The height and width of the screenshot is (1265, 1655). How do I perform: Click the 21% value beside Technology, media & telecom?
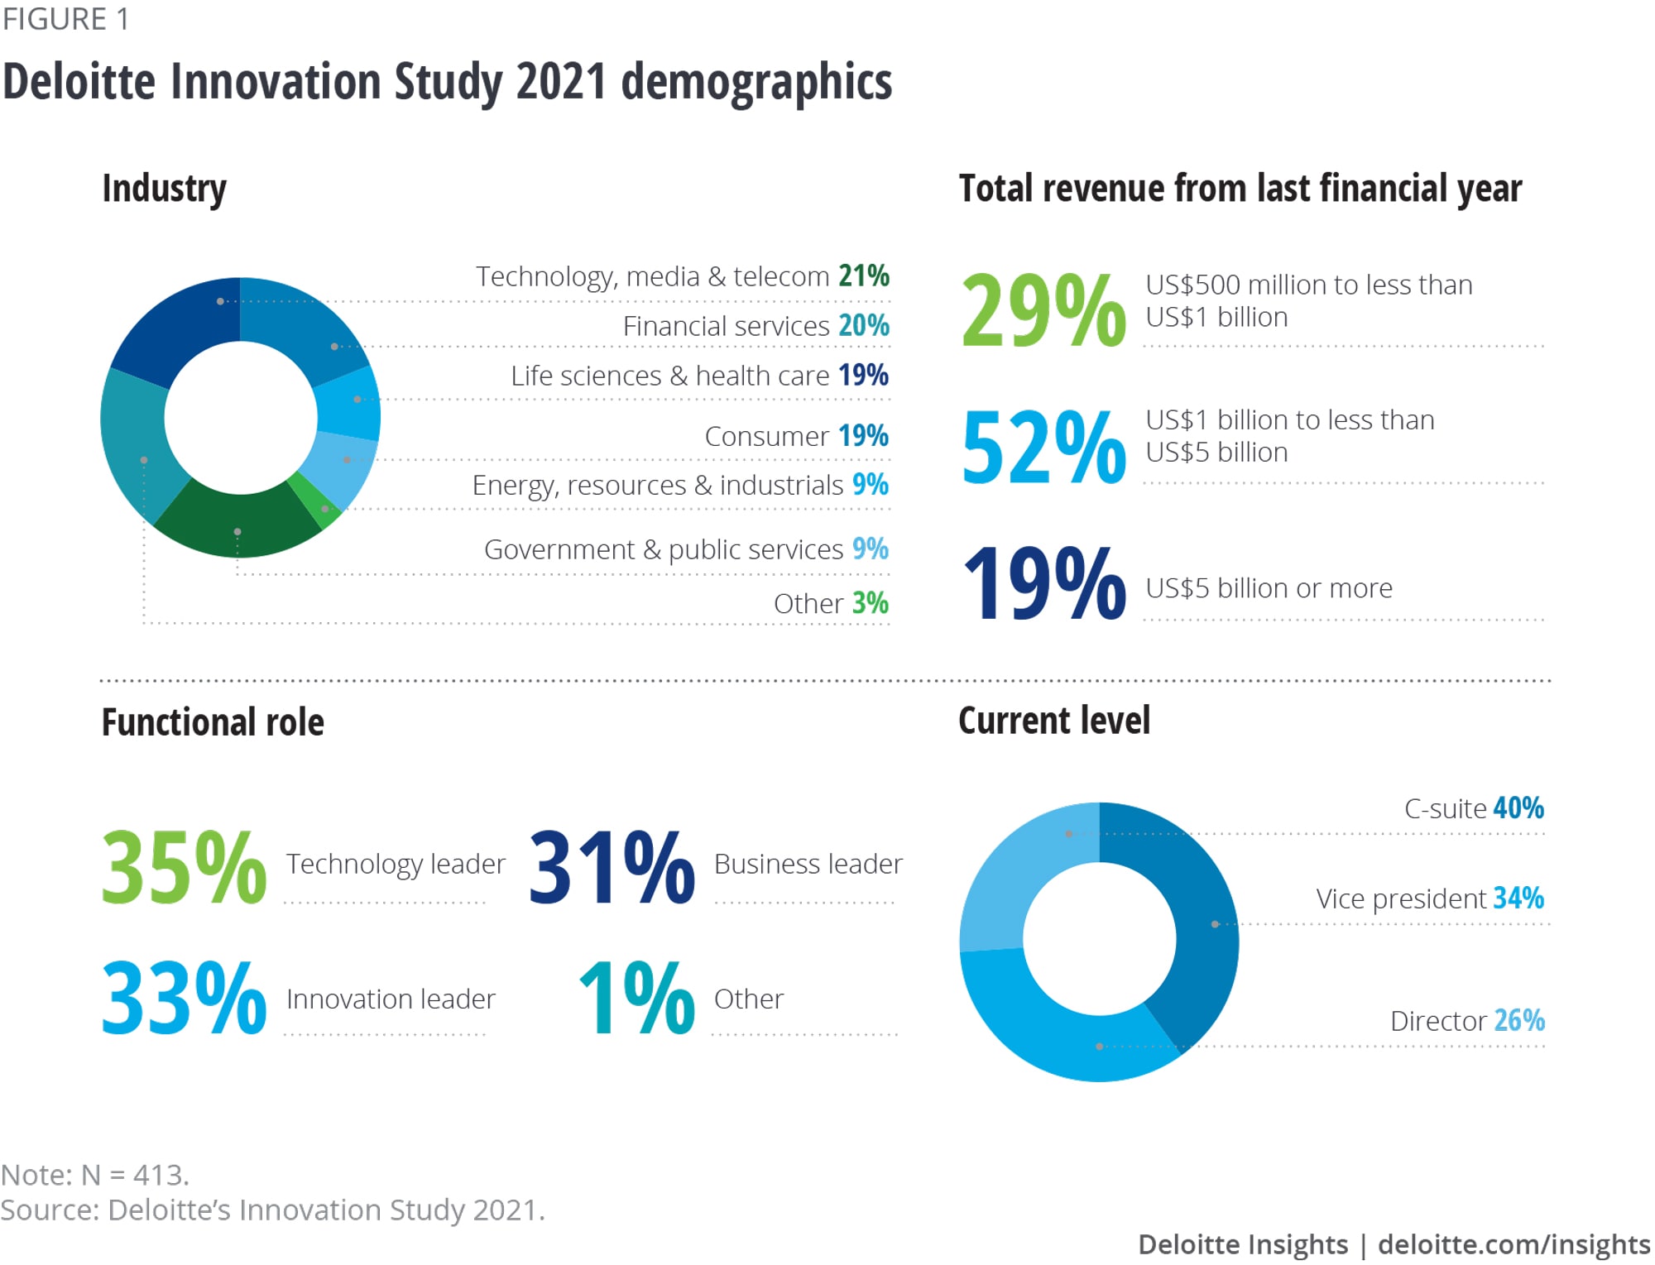pos(864,276)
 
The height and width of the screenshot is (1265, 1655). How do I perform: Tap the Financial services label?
pos(726,326)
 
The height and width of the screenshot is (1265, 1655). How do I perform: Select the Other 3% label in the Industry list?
pos(830,603)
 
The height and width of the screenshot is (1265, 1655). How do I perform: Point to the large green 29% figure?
pos(1043,311)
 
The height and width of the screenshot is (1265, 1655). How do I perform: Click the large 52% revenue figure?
pos(1043,448)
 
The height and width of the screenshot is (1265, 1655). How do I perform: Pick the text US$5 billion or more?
pos(1269,588)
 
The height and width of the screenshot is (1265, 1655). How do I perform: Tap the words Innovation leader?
pos(391,999)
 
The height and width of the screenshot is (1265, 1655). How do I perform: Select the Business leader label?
pos(808,864)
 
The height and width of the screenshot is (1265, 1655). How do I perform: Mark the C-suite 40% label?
pos(1474,808)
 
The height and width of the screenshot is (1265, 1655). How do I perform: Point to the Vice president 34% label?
pos(1430,898)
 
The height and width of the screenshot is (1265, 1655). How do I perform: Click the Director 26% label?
pos(1467,1021)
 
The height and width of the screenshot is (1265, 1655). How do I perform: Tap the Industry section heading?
pos(164,189)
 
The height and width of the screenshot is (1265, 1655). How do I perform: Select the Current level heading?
pos(1053,721)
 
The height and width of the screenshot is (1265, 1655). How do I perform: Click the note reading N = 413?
pos(95,1175)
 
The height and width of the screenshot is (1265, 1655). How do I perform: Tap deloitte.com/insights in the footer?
pos(1513,1244)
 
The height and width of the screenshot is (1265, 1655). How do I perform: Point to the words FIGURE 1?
pos(65,19)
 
